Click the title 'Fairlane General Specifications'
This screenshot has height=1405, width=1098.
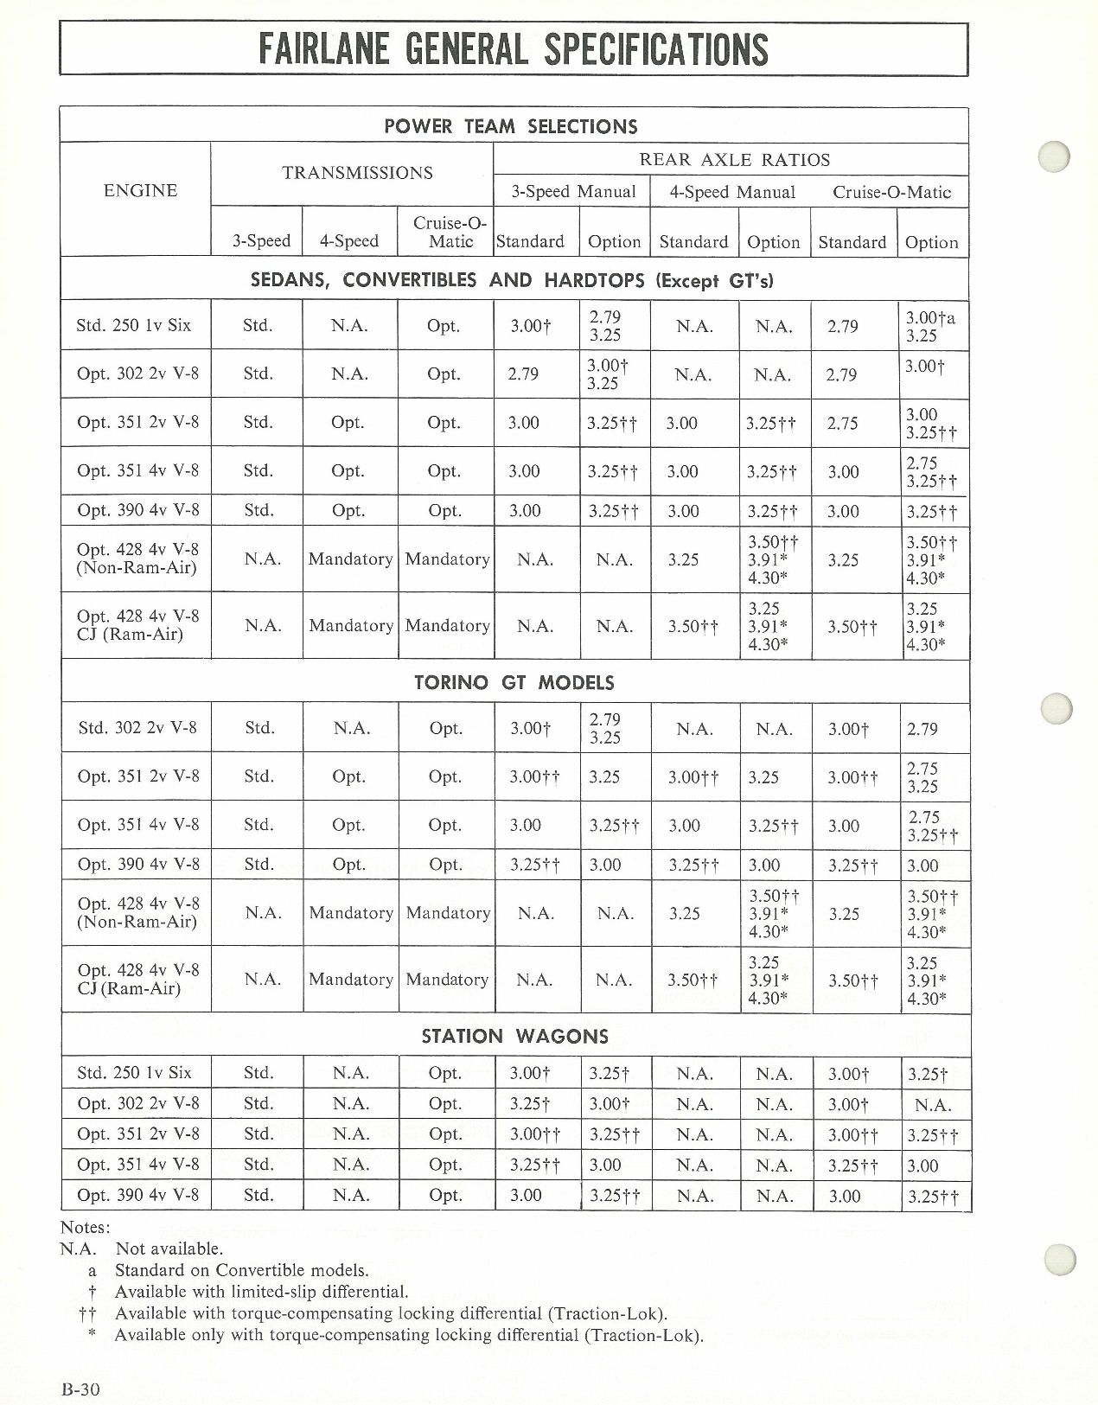(514, 48)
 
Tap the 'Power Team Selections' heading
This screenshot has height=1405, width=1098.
(510, 126)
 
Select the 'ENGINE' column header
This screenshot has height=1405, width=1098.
(140, 191)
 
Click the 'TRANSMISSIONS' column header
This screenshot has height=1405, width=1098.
(357, 173)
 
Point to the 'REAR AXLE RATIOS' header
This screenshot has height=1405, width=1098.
(734, 160)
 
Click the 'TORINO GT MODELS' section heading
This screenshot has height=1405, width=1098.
(514, 683)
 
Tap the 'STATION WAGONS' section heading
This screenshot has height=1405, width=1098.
(514, 1036)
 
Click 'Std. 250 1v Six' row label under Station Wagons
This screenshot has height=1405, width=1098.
(134, 1073)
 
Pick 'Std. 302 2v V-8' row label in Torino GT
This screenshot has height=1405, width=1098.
(137, 728)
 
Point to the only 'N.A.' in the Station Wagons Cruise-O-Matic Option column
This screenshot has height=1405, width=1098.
(932, 1105)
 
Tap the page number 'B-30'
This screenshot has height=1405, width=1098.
(81, 1390)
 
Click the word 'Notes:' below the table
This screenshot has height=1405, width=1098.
(85, 1227)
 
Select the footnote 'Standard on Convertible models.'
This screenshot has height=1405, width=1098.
(241, 1270)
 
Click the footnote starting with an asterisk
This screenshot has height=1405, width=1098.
(408, 1335)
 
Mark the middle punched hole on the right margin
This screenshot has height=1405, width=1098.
(1057, 708)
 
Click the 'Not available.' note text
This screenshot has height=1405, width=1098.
(169, 1249)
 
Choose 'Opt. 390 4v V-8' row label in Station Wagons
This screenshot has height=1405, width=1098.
(137, 1196)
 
